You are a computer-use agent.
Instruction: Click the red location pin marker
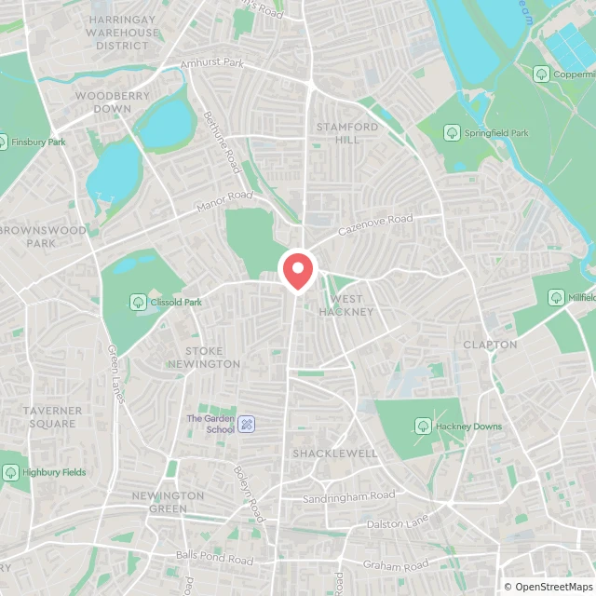(298, 271)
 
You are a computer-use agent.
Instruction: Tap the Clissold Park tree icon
(138, 302)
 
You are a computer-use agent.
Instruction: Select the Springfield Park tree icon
(453, 133)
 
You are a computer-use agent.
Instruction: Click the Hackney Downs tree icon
(423, 427)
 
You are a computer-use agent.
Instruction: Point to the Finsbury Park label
(37, 142)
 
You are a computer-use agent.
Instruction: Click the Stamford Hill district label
(346, 133)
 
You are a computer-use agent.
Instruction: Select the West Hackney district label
(346, 305)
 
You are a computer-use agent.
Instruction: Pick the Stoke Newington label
(204, 357)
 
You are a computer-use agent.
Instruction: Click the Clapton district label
(490, 344)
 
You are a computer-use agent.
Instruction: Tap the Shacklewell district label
(335, 454)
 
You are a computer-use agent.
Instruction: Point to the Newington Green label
(168, 502)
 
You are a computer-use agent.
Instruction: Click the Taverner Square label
(52, 416)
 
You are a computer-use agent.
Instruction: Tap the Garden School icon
(247, 424)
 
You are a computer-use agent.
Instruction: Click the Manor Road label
(224, 201)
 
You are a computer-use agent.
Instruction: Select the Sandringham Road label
(349, 497)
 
